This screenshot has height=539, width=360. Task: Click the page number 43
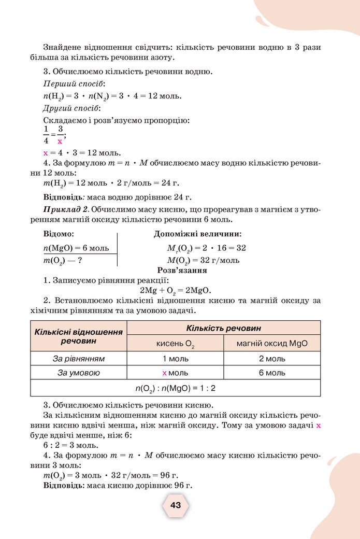[176, 505]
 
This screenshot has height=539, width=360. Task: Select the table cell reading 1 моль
[175, 359]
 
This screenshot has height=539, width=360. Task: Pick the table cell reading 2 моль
[272, 359]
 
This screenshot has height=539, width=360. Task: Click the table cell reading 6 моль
[272, 373]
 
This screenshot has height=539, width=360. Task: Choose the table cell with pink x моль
[175, 373]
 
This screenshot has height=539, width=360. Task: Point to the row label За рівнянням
[79, 359]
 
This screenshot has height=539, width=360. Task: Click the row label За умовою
[79, 373]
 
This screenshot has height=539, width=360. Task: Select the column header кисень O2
[175, 344]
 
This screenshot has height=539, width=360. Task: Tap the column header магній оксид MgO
[272, 343]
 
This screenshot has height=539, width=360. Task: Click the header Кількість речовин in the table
[223, 328]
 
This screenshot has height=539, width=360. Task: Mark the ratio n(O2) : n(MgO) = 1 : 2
[175, 388]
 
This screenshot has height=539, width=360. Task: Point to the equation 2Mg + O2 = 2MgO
[176, 290]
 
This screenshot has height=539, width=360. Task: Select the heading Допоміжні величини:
[197, 234]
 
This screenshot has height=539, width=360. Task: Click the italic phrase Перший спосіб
[74, 83]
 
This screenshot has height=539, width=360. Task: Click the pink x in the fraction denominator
[60, 141]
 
